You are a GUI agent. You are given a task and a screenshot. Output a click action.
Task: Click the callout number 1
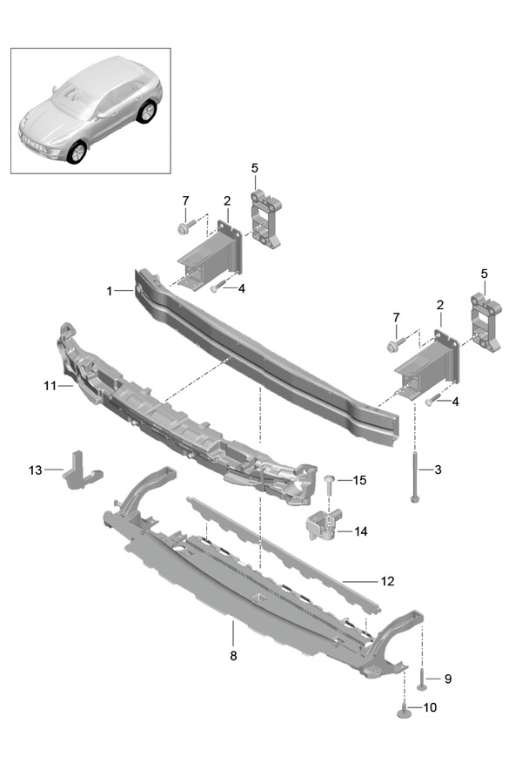[110, 291]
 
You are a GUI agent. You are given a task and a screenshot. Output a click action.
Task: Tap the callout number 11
[49, 384]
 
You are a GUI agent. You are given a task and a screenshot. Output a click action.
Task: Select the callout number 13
[35, 470]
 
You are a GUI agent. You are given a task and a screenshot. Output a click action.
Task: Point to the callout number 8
[233, 654]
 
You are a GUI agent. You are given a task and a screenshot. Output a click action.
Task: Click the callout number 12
[388, 579]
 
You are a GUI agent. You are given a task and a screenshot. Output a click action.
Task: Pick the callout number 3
[438, 470]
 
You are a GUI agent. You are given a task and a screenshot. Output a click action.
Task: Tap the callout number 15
[360, 480]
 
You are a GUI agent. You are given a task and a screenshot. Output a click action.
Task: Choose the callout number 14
[360, 531]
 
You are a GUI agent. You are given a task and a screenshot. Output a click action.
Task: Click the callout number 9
[448, 678]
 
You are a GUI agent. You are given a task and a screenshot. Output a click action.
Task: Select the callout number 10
[431, 707]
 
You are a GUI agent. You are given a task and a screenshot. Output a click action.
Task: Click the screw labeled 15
[330, 487]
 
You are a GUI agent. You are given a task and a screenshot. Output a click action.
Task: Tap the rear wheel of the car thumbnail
[148, 112]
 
